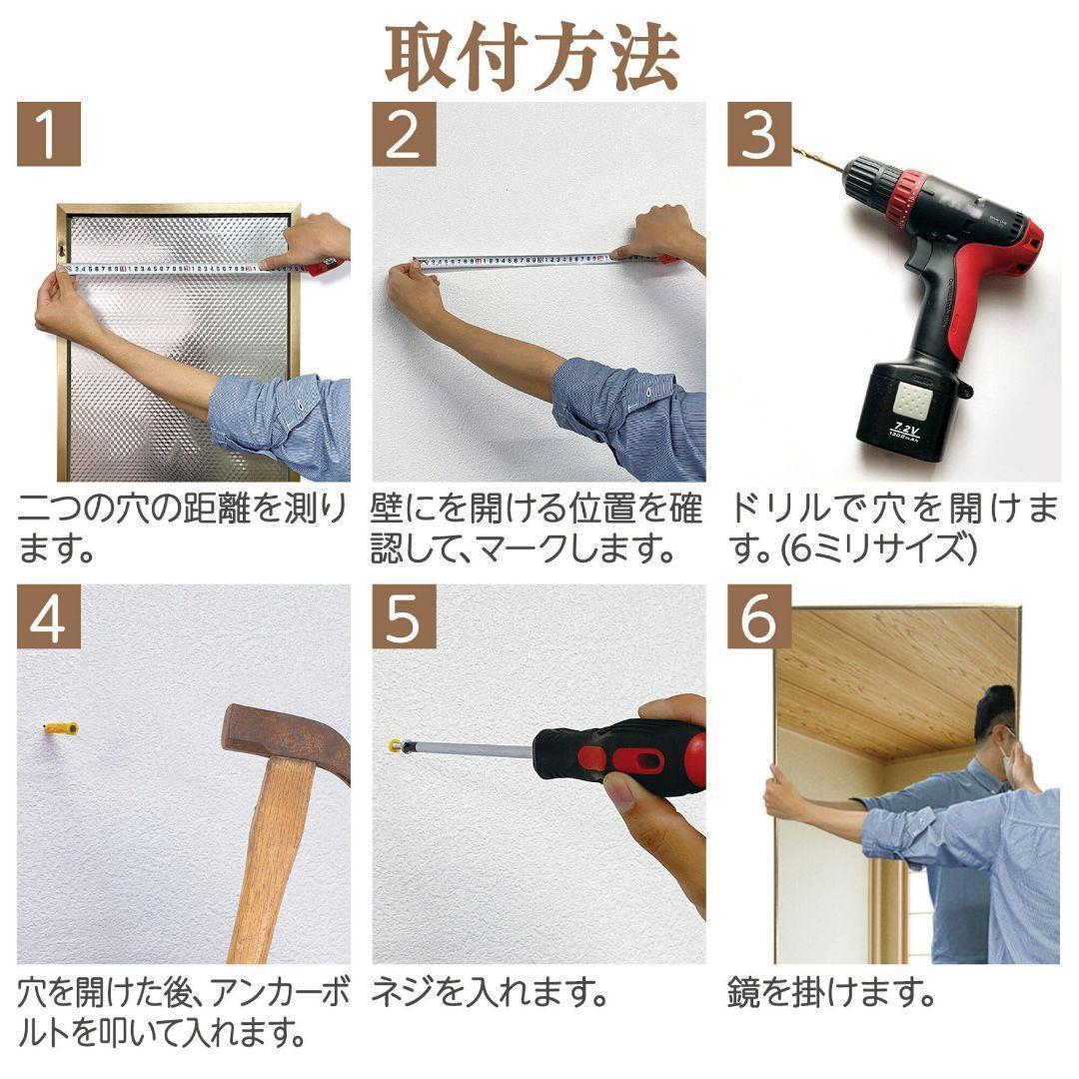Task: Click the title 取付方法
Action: pos(533,57)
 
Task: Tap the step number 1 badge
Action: pos(48,134)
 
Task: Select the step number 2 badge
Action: pos(404,134)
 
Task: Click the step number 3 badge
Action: pos(758,134)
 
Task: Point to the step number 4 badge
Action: pos(48,617)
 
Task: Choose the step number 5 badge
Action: pos(404,617)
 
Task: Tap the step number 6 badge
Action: pos(758,617)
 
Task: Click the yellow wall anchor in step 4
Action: pos(61,729)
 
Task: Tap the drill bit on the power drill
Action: pos(816,160)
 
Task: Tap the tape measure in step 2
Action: pos(520,261)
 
